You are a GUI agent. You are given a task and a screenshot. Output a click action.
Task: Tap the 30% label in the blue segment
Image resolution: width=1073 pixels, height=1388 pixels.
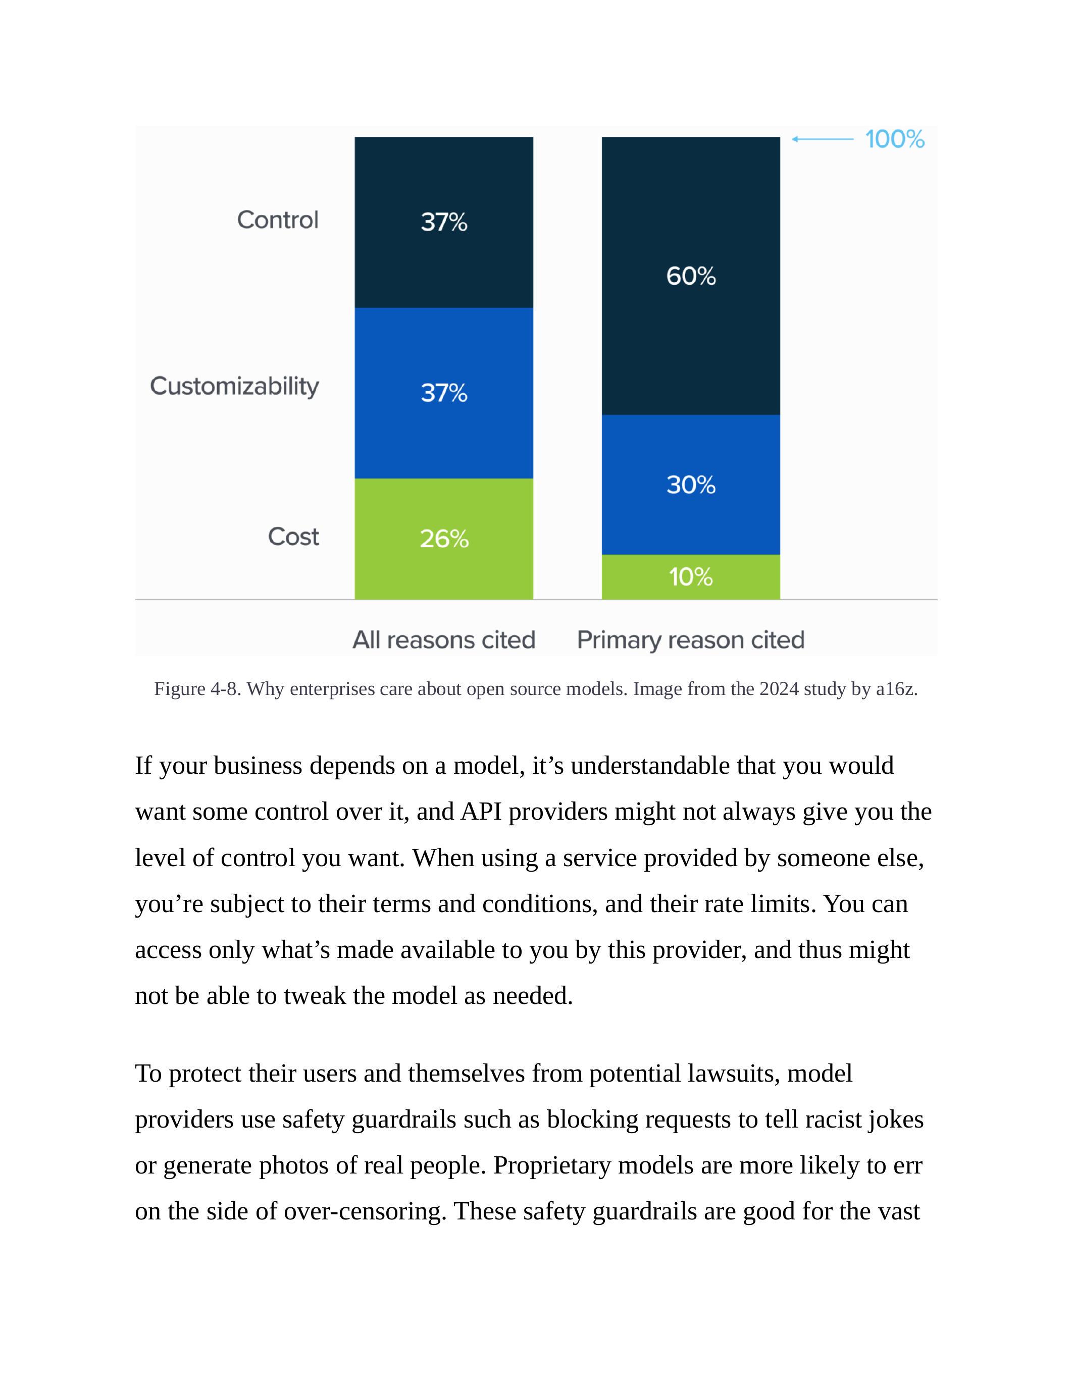point(691,485)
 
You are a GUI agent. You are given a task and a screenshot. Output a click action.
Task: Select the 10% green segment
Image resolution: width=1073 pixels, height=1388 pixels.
point(691,577)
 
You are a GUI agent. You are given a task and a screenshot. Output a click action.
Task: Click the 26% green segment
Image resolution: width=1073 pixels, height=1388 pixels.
point(444,539)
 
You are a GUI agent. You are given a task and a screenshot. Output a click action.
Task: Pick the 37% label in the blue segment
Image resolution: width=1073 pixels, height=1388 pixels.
point(444,393)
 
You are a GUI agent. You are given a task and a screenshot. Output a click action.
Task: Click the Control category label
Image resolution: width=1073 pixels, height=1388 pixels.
point(278,220)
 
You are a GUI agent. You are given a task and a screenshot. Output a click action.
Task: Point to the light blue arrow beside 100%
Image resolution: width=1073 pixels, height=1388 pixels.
point(823,139)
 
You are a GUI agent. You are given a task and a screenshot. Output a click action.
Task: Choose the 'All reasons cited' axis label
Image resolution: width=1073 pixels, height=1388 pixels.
point(444,640)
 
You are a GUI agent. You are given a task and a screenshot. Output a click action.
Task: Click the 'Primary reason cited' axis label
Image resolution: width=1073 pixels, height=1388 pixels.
point(691,640)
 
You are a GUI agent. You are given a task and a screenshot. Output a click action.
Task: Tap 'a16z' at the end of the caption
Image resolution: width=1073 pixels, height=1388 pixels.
point(895,689)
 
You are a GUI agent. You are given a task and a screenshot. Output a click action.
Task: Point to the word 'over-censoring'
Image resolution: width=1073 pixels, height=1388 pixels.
point(363,1211)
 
